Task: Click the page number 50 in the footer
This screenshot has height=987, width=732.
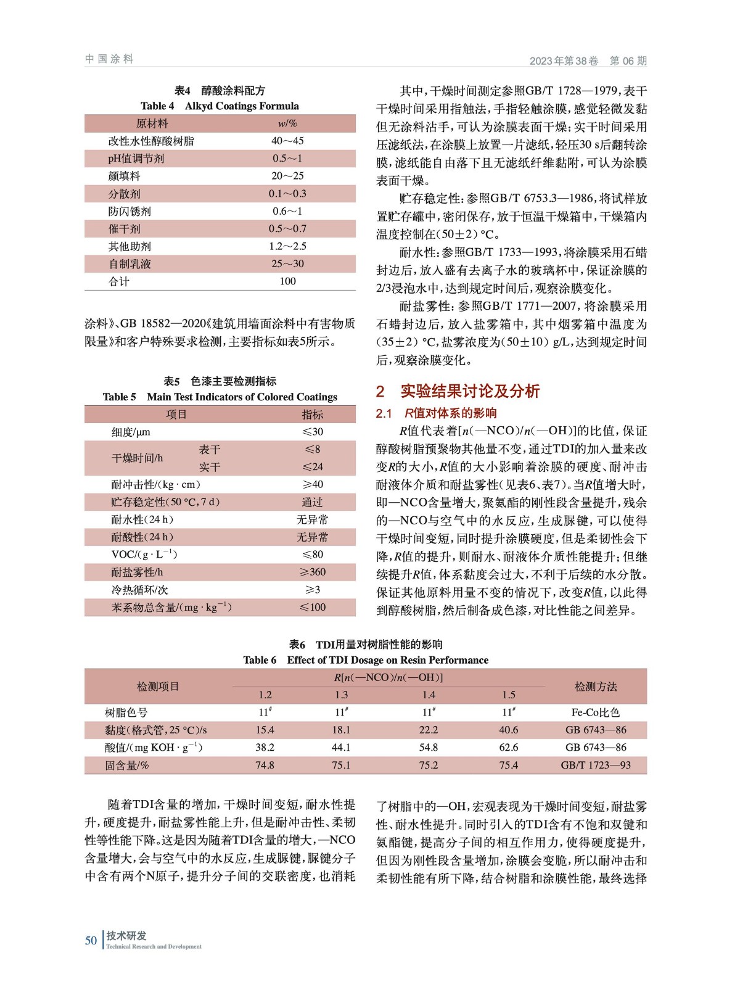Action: (91, 940)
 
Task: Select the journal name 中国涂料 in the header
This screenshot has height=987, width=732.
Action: (109, 59)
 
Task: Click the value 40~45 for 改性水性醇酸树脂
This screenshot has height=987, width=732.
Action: (287, 141)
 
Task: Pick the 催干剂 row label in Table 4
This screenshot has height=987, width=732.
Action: (124, 229)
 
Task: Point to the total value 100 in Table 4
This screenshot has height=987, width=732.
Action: (287, 281)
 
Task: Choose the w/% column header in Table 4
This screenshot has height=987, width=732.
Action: (287, 123)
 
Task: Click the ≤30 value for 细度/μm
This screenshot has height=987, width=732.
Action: (312, 432)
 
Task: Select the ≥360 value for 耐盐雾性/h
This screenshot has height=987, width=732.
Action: (312, 572)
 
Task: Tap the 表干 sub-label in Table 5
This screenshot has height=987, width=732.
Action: (209, 449)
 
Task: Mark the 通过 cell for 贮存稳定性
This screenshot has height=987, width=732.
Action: (312, 502)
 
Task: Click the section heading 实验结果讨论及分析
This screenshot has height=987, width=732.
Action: (470, 391)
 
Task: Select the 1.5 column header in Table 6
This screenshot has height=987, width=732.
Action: (508, 695)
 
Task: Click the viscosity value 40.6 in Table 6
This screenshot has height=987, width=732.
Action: (508, 730)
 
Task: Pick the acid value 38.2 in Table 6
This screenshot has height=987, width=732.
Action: (265, 747)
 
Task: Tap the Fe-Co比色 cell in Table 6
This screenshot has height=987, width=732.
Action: (595, 712)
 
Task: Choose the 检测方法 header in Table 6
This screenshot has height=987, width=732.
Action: (595, 687)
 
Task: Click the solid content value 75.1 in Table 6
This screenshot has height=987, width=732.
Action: (341, 765)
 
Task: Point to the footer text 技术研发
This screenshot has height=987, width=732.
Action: (126, 936)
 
